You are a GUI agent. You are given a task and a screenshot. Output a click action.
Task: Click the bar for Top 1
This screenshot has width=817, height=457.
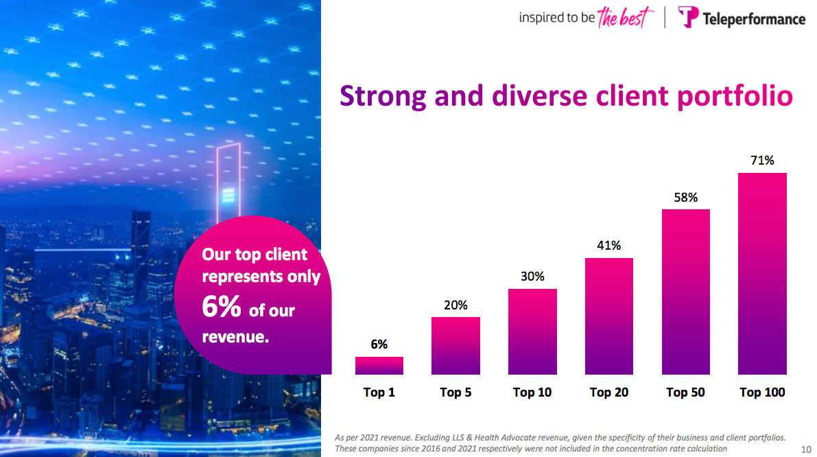(x=379, y=366)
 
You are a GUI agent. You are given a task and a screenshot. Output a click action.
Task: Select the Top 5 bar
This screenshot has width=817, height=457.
(x=455, y=346)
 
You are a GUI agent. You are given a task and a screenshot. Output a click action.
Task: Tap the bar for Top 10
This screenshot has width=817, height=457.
(x=532, y=331)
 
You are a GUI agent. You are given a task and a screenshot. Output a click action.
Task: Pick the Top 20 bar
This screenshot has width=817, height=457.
(x=609, y=316)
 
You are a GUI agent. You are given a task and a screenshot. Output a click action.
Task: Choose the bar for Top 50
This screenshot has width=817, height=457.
(x=686, y=292)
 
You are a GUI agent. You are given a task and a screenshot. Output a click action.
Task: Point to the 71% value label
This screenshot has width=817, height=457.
(x=762, y=161)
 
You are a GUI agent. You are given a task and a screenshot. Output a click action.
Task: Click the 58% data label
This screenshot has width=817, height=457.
(x=686, y=198)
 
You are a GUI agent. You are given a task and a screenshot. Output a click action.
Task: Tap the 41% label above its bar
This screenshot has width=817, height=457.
(x=609, y=246)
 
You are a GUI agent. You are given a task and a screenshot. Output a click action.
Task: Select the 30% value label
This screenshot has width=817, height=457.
(x=532, y=277)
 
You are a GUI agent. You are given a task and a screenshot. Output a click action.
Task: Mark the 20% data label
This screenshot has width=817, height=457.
(x=455, y=305)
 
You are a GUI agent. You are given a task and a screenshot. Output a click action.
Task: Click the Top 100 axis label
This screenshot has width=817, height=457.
(x=762, y=392)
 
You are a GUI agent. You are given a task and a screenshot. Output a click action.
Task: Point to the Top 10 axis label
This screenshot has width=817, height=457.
(x=532, y=392)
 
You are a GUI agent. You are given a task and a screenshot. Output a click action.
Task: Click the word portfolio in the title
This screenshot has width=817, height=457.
(x=734, y=96)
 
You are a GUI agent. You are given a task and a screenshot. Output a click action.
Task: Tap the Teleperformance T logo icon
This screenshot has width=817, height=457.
(x=688, y=17)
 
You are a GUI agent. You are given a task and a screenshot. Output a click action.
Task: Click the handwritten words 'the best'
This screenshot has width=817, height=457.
(x=621, y=18)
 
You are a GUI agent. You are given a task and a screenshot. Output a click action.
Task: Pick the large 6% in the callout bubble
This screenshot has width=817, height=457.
(x=222, y=309)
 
